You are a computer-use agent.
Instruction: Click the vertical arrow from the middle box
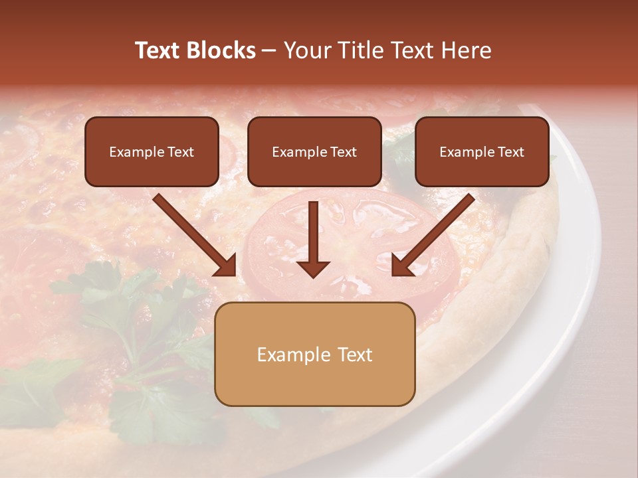pos(313,232)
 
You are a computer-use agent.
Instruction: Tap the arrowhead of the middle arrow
pos(313,268)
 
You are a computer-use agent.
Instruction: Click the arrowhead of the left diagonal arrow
pos(226,265)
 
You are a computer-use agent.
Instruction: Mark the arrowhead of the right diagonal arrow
pos(402,265)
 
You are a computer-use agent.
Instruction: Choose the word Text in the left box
pos(181,152)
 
